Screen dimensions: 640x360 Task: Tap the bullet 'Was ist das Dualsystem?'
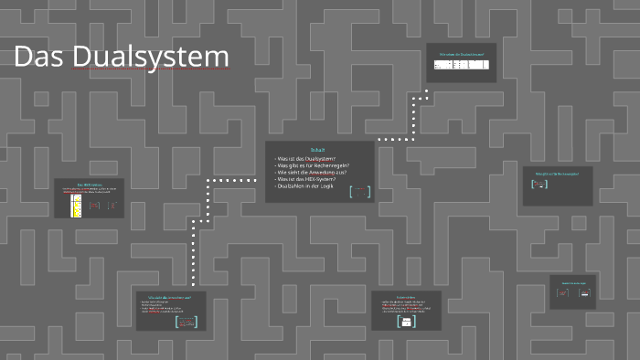[x=310, y=158]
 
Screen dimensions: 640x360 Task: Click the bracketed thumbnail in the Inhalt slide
[x=360, y=191]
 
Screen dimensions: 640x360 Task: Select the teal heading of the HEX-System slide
[x=89, y=185]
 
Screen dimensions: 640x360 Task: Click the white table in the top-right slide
[x=462, y=65]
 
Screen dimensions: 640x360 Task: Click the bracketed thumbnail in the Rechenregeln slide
[x=539, y=185]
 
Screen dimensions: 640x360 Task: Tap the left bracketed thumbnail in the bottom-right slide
[x=563, y=294]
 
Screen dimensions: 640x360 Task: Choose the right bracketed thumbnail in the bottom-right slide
[x=584, y=294]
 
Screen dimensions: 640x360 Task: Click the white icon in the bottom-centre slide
[x=406, y=322]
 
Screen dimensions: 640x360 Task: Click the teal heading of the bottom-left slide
[x=169, y=297]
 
